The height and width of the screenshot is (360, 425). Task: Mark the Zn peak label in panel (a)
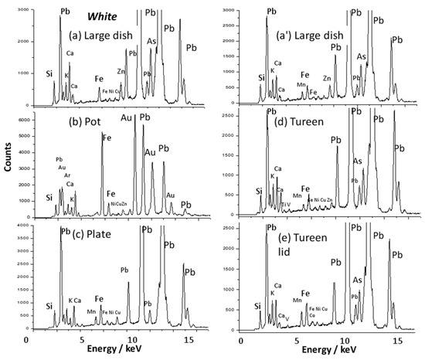coord(121,71)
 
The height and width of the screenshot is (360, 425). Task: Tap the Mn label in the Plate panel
coord(91,311)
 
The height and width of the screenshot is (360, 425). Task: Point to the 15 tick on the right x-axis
coord(397,341)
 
